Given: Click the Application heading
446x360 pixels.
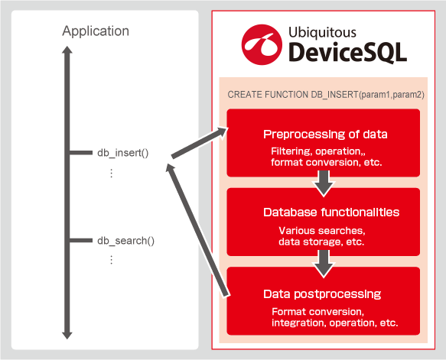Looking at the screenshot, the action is point(96,31).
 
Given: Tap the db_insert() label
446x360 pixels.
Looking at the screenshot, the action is point(123,153).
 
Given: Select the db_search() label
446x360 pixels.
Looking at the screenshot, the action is point(125,241).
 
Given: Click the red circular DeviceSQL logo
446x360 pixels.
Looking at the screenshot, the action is point(262,44).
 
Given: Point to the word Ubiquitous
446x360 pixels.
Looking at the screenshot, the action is point(322,33).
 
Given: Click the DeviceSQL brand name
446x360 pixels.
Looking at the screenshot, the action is point(347,53).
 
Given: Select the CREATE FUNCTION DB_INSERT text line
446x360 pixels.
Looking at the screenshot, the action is point(326,95).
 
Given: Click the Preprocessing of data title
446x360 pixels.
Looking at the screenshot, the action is point(325,134).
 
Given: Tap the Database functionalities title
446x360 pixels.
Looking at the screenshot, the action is point(331,212).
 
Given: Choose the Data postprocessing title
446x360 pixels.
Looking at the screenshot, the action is point(322,294).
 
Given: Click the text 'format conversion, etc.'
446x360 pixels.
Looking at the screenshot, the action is point(326,162).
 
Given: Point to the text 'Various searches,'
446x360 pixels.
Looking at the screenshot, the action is point(322,230).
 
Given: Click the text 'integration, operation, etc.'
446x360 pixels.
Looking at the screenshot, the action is point(335,323).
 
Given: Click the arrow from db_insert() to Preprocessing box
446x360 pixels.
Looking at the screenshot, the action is point(200,143).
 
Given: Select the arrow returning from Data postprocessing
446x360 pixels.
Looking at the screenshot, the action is point(197,230).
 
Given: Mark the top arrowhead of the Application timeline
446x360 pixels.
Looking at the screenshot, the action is point(67,50).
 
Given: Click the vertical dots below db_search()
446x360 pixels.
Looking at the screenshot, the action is point(111,260).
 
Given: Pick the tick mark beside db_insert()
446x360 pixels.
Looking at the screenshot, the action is point(81,153).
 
